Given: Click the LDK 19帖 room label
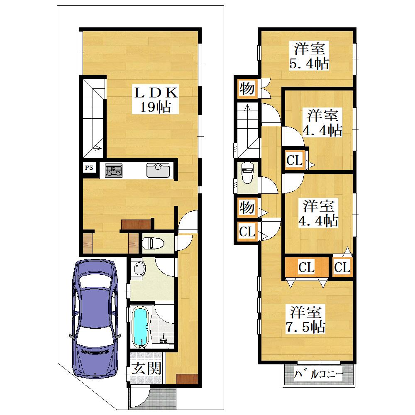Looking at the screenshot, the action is pos(155,100).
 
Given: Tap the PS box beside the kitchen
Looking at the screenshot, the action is pos(89,168).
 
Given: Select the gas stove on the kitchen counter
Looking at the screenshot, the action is pos(114,170).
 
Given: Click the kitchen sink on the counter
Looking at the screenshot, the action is pos(158,171).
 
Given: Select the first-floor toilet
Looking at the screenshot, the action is pos(153,243).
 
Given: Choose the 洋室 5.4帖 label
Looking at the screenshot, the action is pos(309,56).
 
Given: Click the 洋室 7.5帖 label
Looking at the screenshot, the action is pos(305,319).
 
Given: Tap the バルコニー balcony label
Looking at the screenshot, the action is pos(318,374).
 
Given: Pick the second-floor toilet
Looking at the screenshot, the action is pos(247,172).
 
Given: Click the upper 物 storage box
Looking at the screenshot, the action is pos(247,88).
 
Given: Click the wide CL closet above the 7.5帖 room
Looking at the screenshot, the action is pos(307,267).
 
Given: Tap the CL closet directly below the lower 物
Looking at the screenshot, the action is pos(247,232).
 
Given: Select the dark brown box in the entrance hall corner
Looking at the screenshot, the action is pos(187,379).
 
